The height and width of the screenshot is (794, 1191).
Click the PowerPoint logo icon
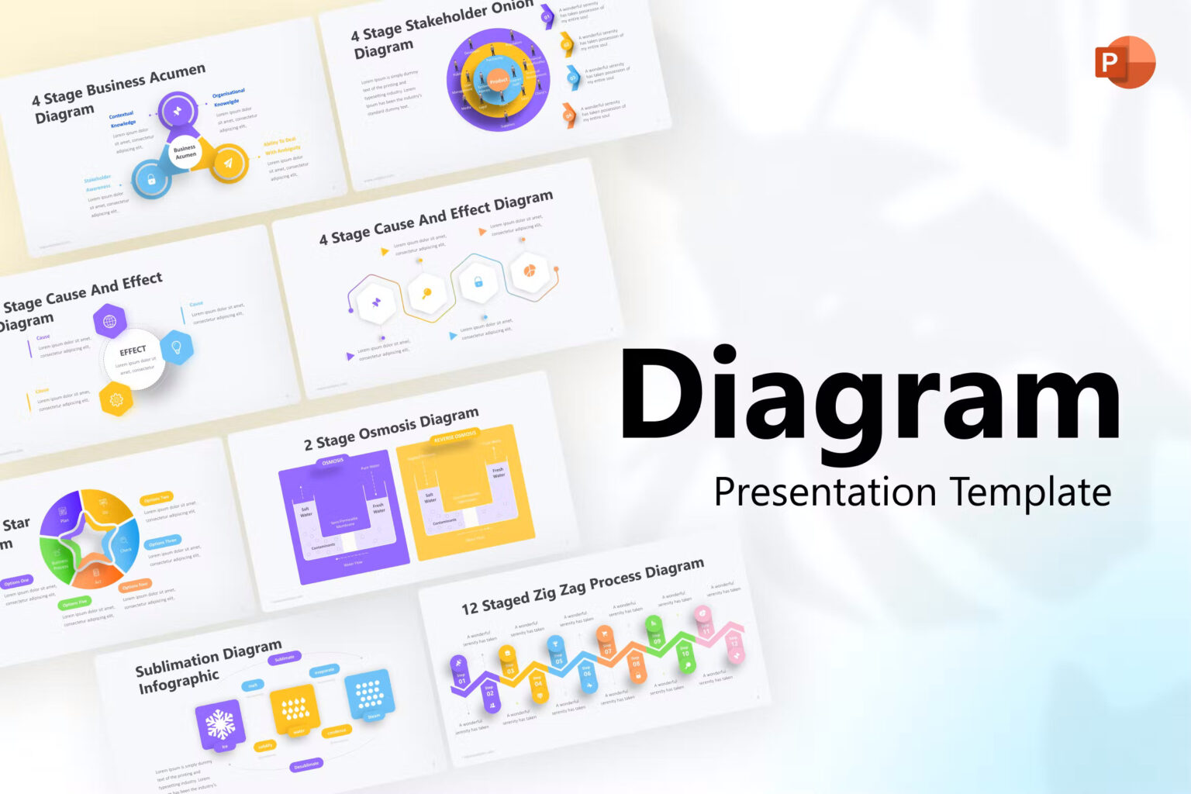(x=1124, y=62)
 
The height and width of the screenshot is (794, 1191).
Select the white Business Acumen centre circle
(x=185, y=152)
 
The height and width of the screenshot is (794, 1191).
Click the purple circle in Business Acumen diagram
(x=178, y=112)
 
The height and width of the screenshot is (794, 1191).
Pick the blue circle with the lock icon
(x=150, y=180)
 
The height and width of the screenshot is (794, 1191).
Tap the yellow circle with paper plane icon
(x=228, y=163)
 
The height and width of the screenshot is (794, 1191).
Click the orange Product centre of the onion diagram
(x=498, y=81)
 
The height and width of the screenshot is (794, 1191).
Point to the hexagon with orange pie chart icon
(x=530, y=271)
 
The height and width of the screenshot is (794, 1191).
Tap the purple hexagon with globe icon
(x=110, y=321)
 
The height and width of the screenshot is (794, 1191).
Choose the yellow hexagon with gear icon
(x=116, y=399)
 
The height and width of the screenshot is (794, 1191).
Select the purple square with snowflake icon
(x=220, y=726)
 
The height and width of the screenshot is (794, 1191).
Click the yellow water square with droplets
(x=295, y=707)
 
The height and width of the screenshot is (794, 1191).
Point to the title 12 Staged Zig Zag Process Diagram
(x=582, y=585)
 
